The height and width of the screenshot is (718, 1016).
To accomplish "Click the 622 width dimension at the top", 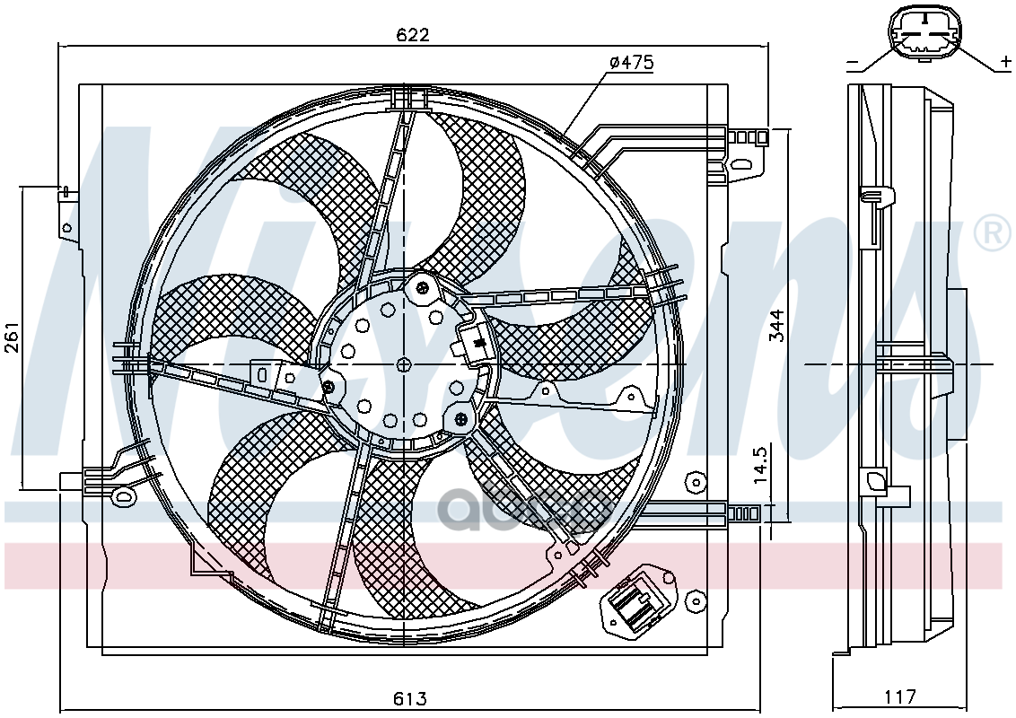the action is [414, 34].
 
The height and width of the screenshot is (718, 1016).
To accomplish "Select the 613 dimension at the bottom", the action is [410, 698].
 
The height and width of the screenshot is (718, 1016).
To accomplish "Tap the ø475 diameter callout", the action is [632, 62].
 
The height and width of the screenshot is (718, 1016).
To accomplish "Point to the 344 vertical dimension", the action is [777, 325].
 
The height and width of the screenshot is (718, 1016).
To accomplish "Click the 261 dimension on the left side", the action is [13, 337].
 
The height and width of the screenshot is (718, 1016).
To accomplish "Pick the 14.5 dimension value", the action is [760, 463].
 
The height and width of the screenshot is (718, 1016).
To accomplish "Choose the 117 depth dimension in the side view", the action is [899, 696].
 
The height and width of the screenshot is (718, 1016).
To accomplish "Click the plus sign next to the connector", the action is [1005, 62].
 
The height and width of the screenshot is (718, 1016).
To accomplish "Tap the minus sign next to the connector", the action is [853, 64].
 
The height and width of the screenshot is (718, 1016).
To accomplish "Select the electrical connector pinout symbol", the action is [924, 35].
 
